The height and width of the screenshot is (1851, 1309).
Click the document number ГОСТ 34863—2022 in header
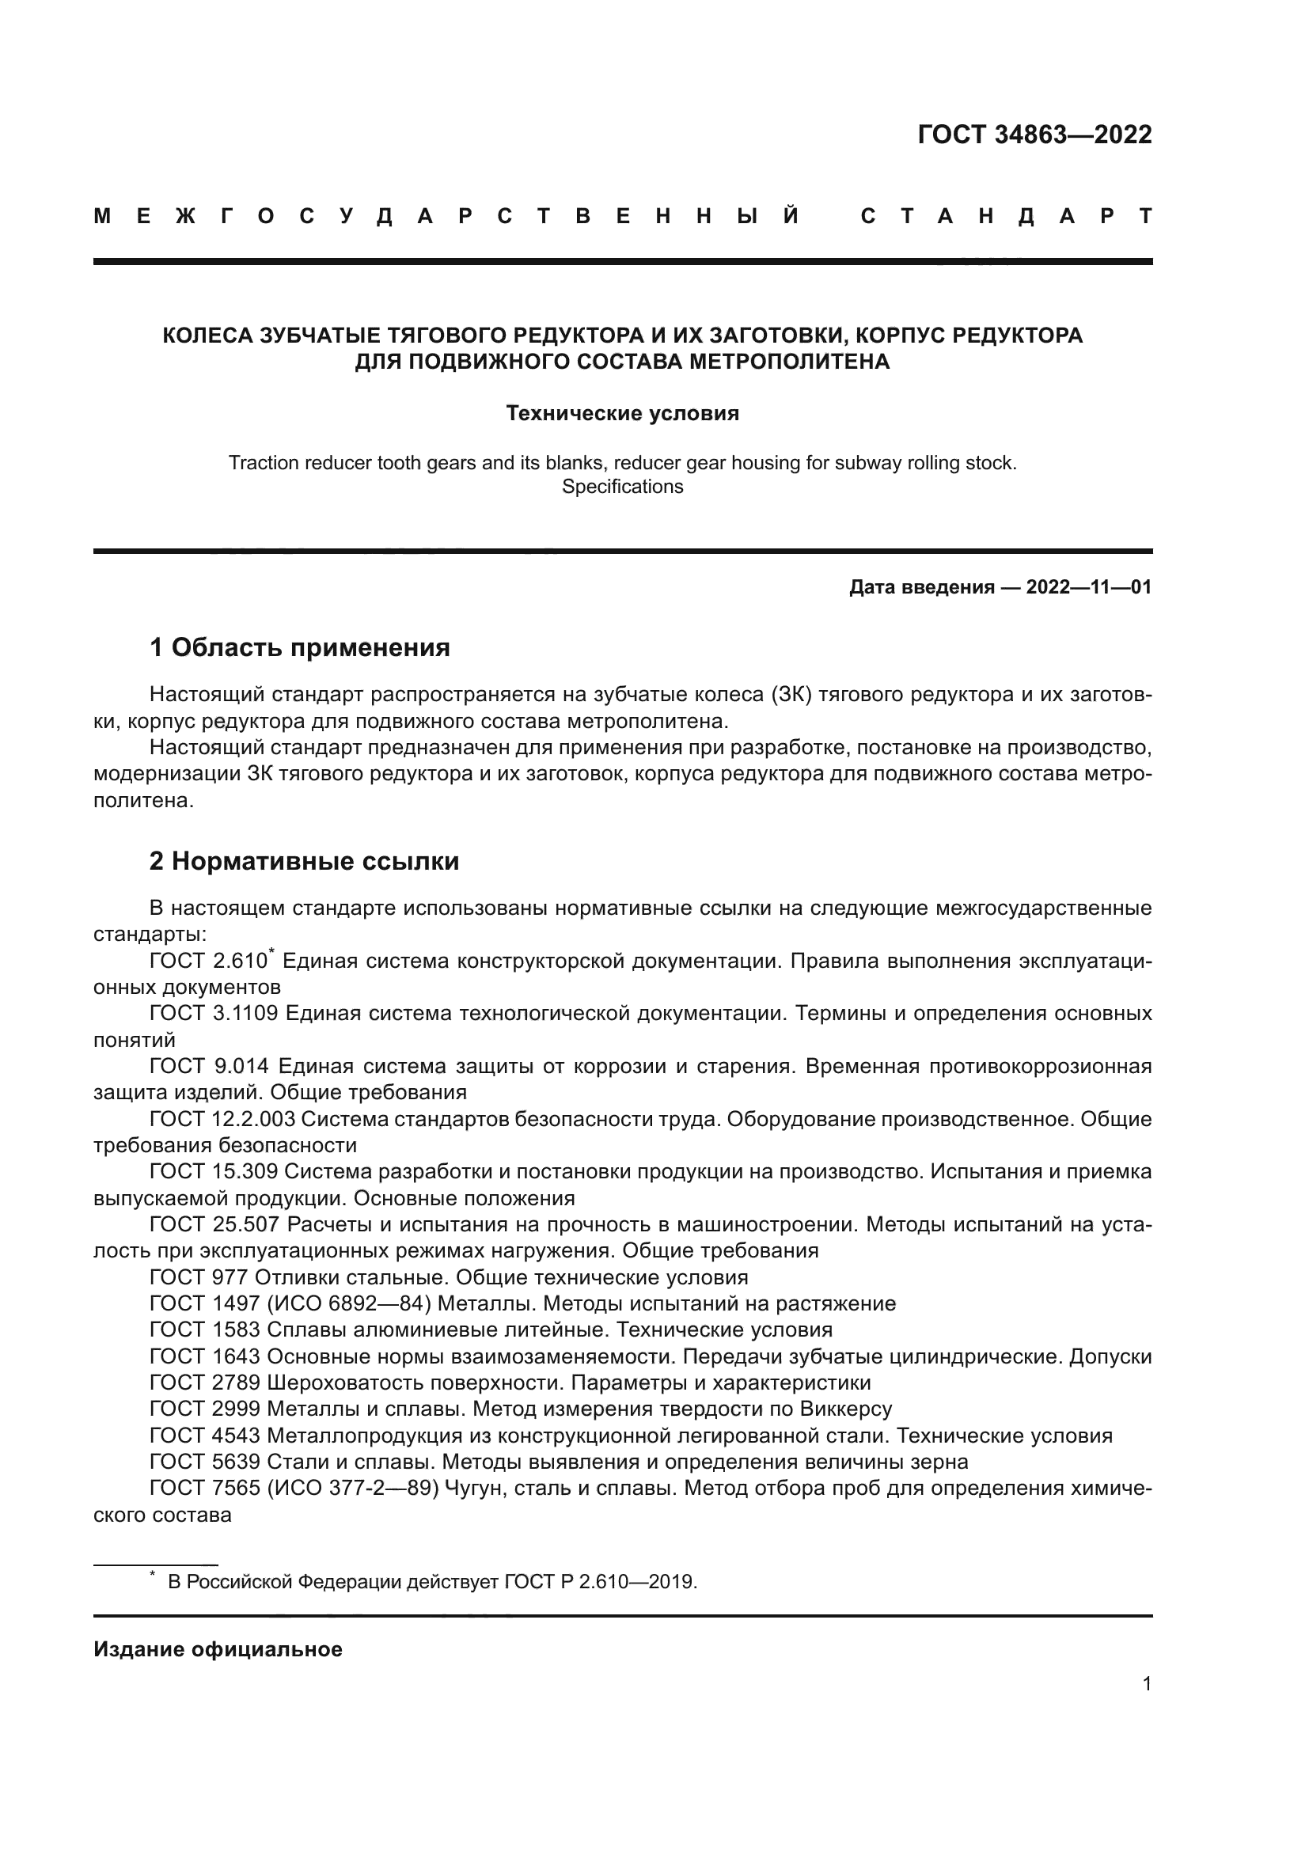(1034, 135)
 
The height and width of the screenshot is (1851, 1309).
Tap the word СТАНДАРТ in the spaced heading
(1006, 217)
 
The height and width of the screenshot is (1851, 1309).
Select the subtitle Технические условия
(622, 414)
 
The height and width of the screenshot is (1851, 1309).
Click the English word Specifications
(622, 487)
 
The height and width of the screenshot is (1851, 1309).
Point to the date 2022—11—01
(1088, 587)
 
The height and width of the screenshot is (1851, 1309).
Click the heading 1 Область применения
(300, 647)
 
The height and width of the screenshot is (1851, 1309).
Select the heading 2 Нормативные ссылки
(304, 862)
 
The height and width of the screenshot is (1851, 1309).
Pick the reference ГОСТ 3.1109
(214, 1014)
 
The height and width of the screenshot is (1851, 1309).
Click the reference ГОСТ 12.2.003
(222, 1119)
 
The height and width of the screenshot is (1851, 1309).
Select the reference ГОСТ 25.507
(214, 1224)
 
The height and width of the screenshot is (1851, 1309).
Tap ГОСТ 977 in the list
(199, 1278)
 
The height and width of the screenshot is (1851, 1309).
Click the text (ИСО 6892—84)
(349, 1303)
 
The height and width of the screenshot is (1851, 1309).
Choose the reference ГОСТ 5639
(205, 1462)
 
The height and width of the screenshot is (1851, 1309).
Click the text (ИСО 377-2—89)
(352, 1489)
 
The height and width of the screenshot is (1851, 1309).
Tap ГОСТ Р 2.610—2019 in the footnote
(600, 1582)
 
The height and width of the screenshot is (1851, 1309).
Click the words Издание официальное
(218, 1649)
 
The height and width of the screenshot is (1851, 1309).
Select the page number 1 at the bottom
(1146, 1683)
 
